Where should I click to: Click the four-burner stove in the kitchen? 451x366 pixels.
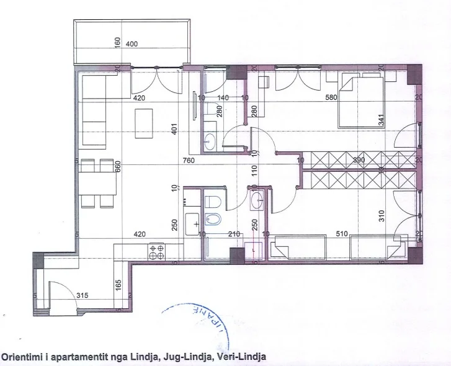click(x=156, y=252)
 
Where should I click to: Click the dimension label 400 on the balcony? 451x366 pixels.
click(x=132, y=44)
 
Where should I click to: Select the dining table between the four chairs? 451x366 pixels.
click(x=96, y=183)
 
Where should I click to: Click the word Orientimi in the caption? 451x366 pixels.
click(x=22, y=357)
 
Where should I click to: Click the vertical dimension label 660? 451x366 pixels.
click(x=117, y=168)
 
